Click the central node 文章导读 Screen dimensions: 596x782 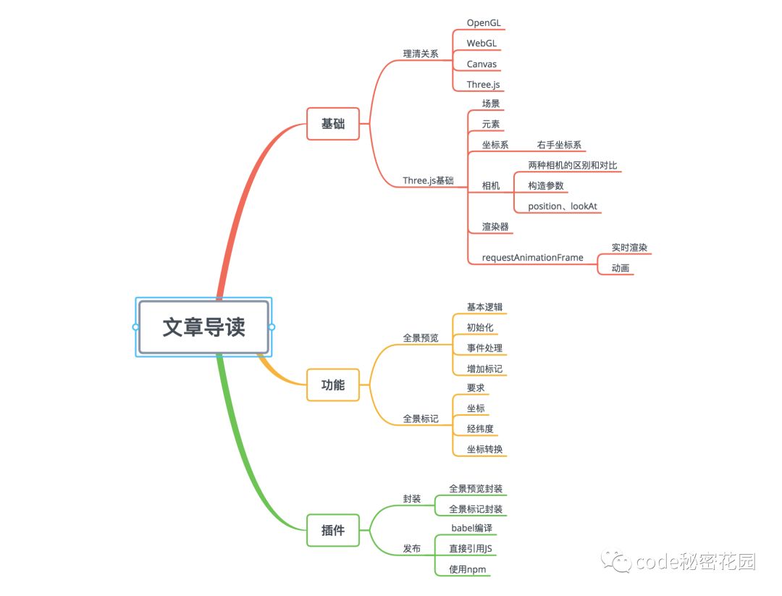203,327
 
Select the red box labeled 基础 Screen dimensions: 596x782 332,124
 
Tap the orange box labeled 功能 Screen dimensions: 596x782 332,385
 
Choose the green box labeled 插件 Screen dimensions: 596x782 332,530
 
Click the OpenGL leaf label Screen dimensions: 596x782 483,23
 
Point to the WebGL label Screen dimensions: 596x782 482,43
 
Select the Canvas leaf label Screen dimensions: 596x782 482,64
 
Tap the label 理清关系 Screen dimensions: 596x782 421,54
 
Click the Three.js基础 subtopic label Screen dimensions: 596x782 428,180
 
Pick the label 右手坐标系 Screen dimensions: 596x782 559,145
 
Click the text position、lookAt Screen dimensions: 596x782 563,206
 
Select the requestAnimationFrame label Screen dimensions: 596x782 532,257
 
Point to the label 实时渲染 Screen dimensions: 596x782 629,247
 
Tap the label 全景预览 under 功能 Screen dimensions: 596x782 421,337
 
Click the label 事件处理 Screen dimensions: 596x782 484,348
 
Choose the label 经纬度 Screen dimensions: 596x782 480,429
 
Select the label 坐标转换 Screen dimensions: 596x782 484,449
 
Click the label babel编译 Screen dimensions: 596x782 471,528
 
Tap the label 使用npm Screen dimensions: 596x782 467,569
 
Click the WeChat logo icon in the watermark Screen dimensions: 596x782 620,561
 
